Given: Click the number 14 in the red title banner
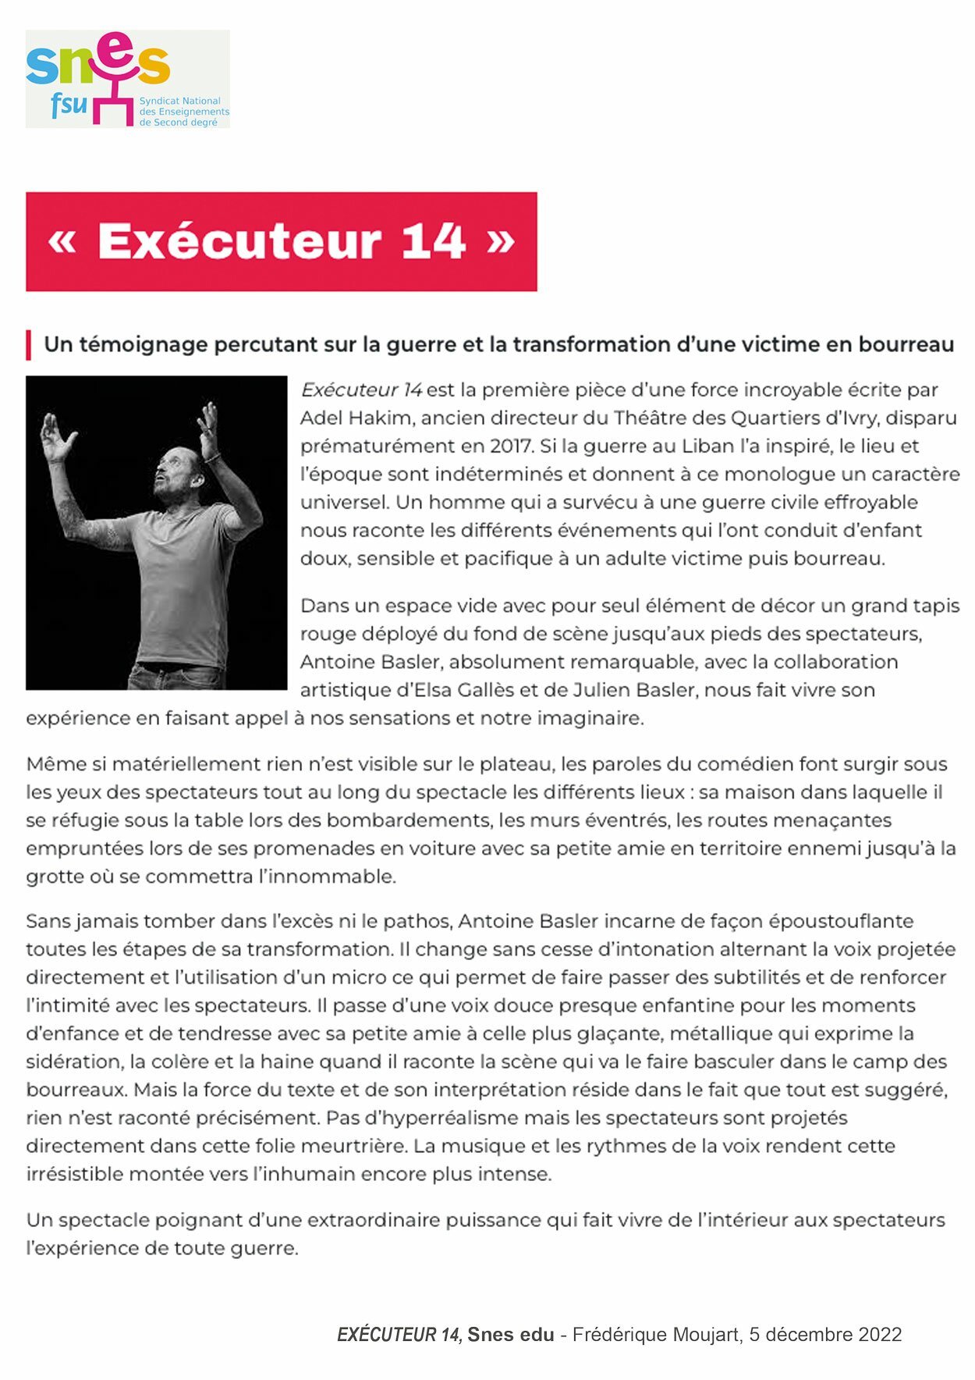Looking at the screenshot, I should click(x=433, y=241).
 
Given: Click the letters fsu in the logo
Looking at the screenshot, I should click(x=69, y=104).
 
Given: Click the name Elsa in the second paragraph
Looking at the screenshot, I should click(x=440, y=690).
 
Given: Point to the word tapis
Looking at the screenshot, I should click(x=933, y=606).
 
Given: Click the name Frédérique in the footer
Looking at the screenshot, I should click(x=616, y=1335).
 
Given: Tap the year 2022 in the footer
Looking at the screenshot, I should click(x=880, y=1335).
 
